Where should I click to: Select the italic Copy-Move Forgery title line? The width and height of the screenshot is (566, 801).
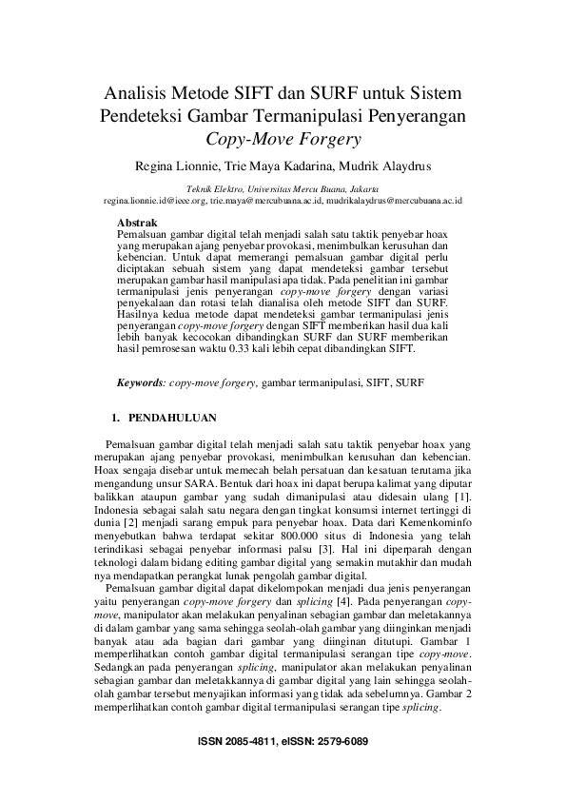283,141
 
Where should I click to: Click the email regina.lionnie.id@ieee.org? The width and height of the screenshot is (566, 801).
155,202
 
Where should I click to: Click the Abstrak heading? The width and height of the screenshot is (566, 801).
136,222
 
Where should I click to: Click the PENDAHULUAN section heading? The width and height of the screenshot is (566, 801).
172,417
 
